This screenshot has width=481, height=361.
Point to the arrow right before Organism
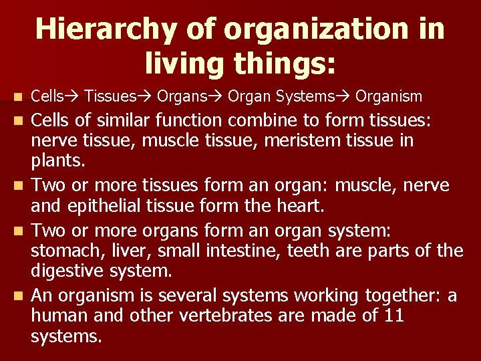click(344, 97)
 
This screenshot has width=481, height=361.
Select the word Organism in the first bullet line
click(389, 97)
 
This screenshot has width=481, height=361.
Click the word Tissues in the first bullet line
click(110, 97)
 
